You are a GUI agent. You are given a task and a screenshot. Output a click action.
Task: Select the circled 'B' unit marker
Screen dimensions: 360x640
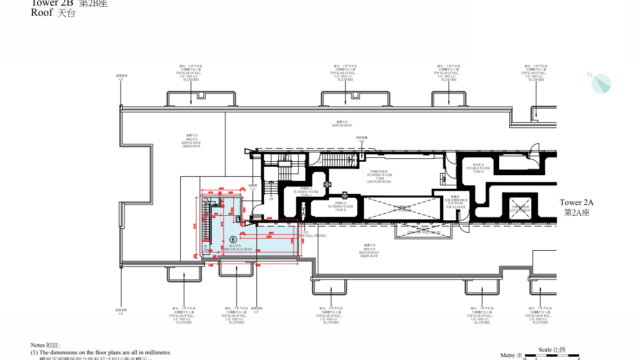[x=233, y=239]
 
